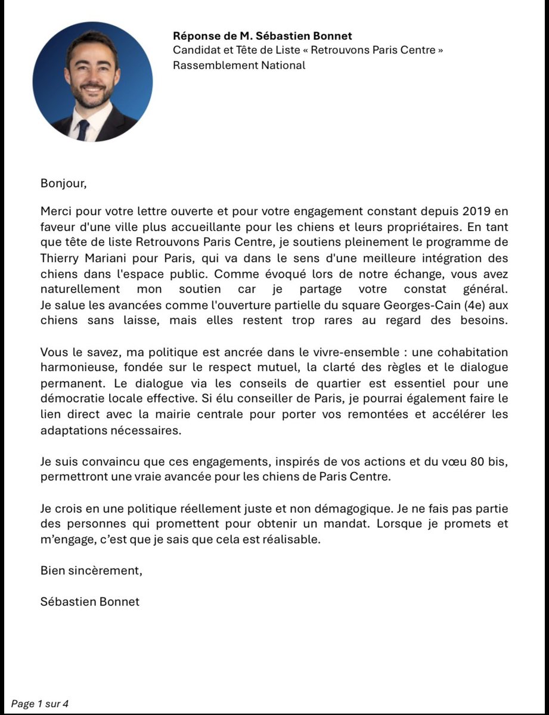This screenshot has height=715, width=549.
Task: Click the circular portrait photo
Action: [x=92, y=82]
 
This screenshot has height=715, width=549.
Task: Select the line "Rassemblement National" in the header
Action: [x=238, y=65]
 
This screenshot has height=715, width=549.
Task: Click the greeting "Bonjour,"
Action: [x=64, y=183]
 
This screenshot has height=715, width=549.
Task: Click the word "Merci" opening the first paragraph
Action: [x=55, y=212]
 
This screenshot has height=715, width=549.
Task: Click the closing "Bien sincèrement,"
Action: [x=92, y=570]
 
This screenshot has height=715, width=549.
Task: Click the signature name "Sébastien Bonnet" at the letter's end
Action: [x=90, y=601]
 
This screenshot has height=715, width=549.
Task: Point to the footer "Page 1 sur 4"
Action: [x=40, y=704]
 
